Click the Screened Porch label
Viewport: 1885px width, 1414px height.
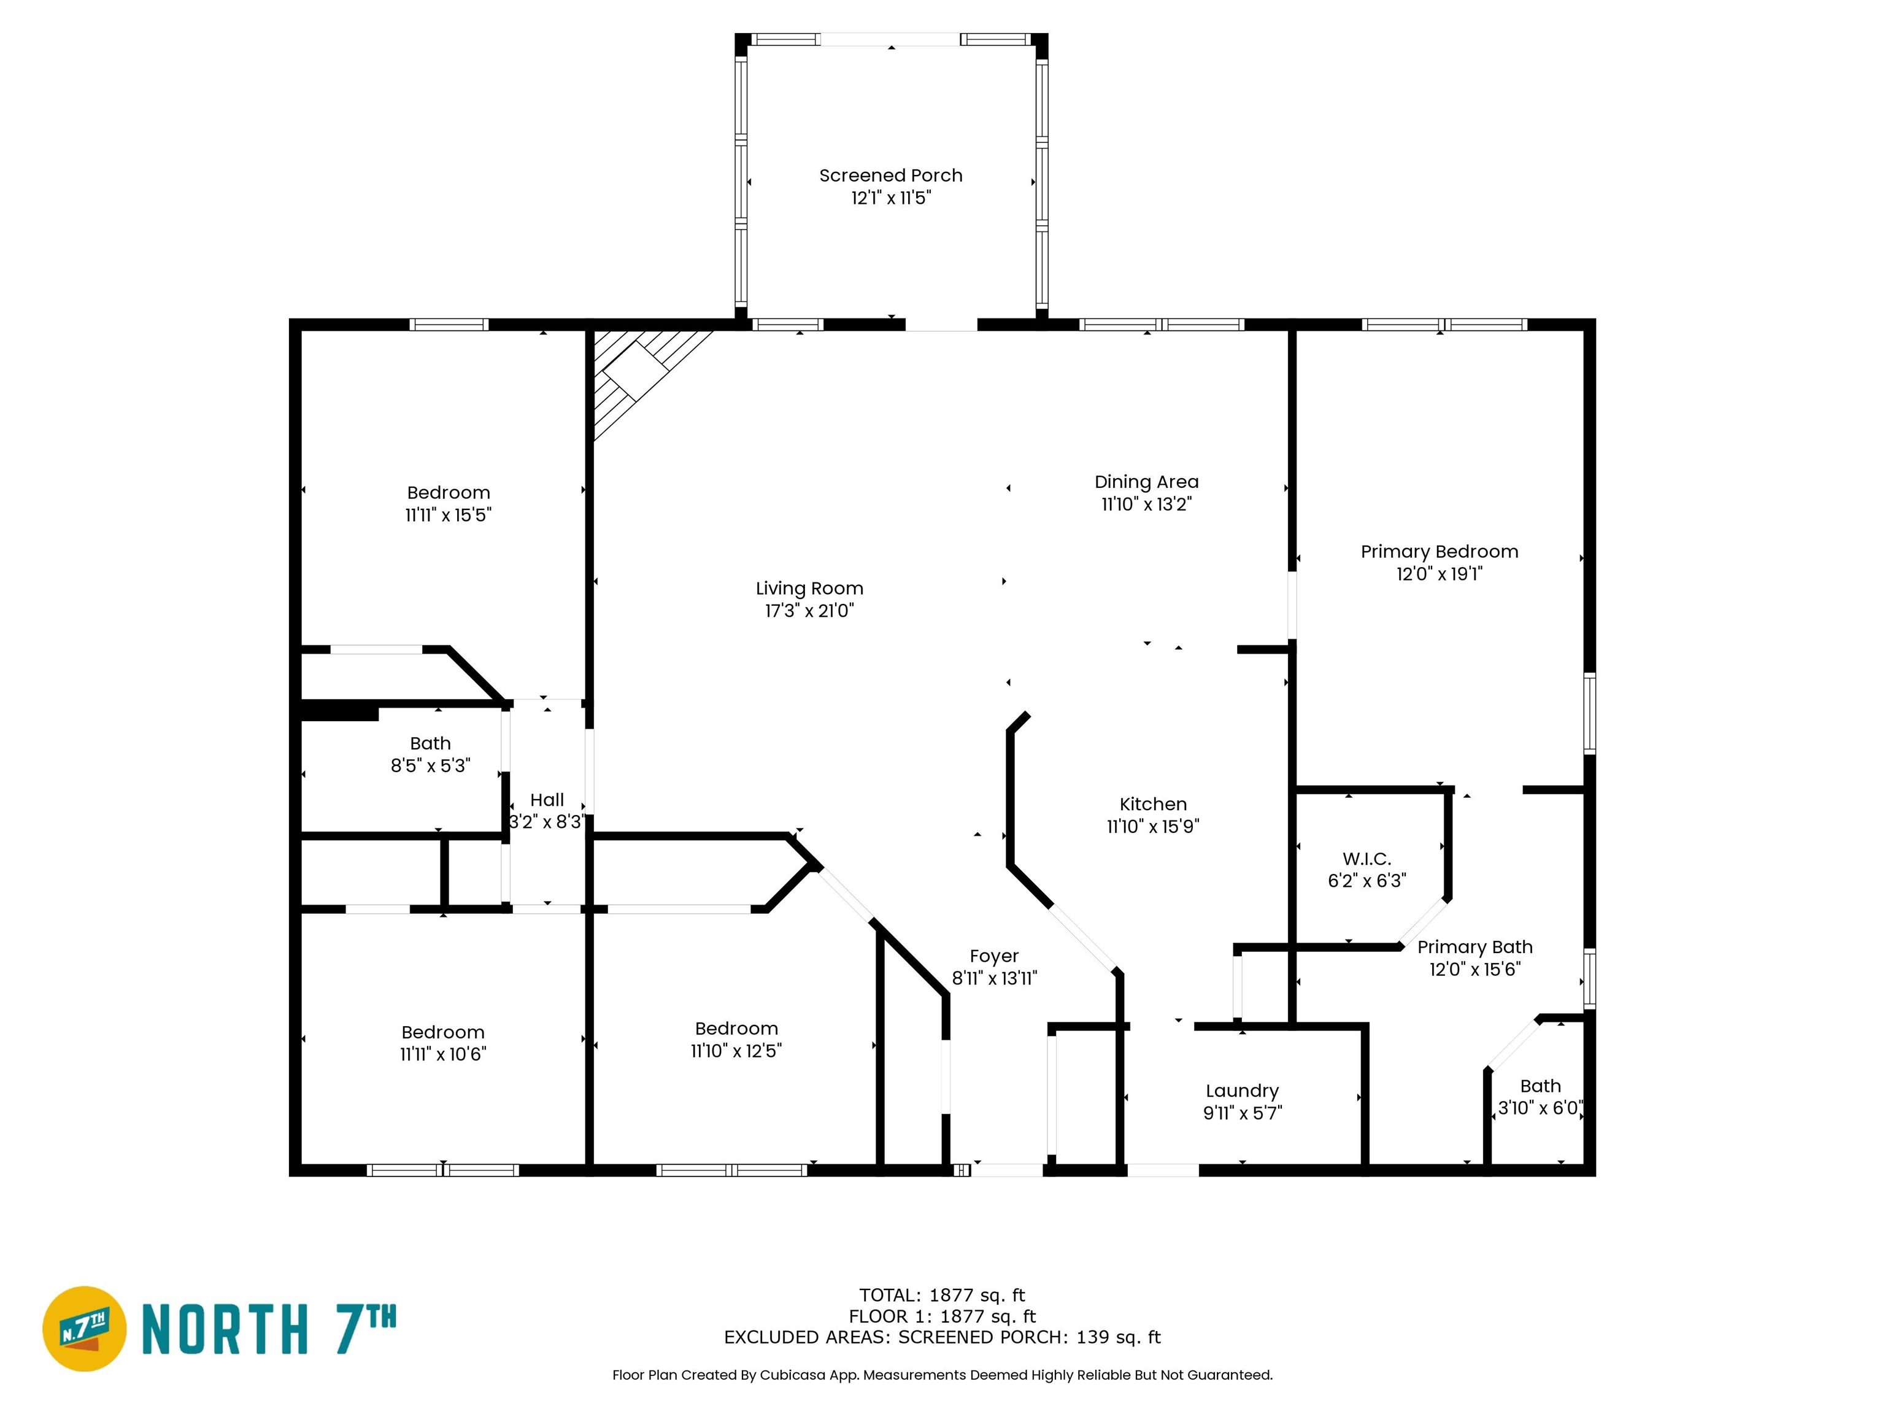point(890,176)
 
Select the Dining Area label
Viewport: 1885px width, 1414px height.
point(1146,482)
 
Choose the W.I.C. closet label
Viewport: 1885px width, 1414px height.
point(1366,859)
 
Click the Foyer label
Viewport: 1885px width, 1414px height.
point(993,956)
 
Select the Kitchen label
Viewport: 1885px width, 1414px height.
point(1152,805)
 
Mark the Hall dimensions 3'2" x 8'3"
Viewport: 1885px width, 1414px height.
point(546,822)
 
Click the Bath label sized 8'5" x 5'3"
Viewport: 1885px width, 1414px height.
point(430,744)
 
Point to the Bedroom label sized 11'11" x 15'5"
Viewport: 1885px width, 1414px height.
point(449,493)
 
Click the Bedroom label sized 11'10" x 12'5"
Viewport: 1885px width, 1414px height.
point(736,1029)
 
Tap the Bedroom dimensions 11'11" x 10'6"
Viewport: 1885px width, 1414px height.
point(442,1055)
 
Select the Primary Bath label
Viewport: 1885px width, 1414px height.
point(1474,948)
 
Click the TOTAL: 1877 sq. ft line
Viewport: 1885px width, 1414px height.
point(942,1296)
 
